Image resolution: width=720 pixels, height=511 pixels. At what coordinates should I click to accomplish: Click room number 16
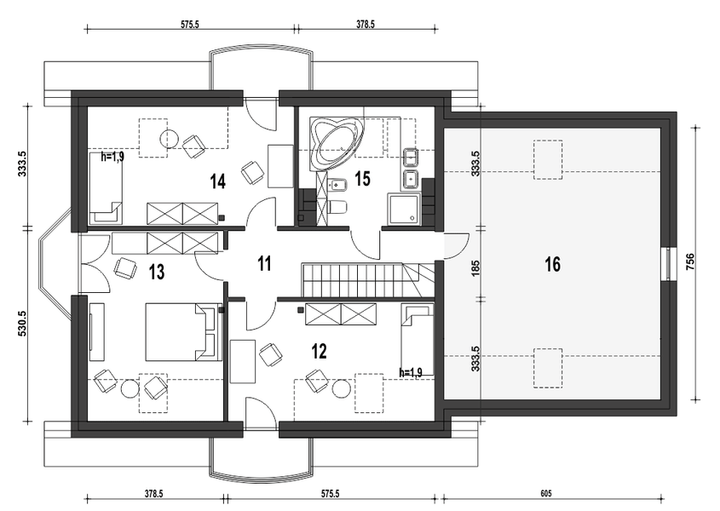point(553,265)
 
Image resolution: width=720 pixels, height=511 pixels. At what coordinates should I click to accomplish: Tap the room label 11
point(264,264)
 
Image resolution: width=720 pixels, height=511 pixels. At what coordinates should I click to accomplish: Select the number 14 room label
point(217,181)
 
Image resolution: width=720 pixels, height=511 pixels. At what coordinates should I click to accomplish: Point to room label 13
point(157,272)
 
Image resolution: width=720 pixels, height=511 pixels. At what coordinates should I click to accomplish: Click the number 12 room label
point(320,352)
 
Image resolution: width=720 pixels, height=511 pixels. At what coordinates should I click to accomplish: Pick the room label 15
point(363,179)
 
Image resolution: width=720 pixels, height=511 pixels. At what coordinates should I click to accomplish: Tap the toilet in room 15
point(338,206)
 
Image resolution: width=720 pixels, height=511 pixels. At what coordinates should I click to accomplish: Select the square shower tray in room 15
point(404,209)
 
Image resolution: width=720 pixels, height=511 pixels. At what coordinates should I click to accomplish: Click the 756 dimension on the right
point(691,261)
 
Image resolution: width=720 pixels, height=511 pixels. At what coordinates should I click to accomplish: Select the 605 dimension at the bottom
point(546,494)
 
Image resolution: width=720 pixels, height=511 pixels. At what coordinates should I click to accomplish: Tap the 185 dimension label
point(475,268)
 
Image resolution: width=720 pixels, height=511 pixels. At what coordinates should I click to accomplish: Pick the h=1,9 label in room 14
point(112,157)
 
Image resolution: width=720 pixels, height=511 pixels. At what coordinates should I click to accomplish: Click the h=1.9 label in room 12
point(411,372)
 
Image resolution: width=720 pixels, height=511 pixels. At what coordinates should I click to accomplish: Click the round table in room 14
point(169,138)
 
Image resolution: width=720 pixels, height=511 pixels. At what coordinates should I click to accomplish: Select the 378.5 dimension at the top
point(366,25)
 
